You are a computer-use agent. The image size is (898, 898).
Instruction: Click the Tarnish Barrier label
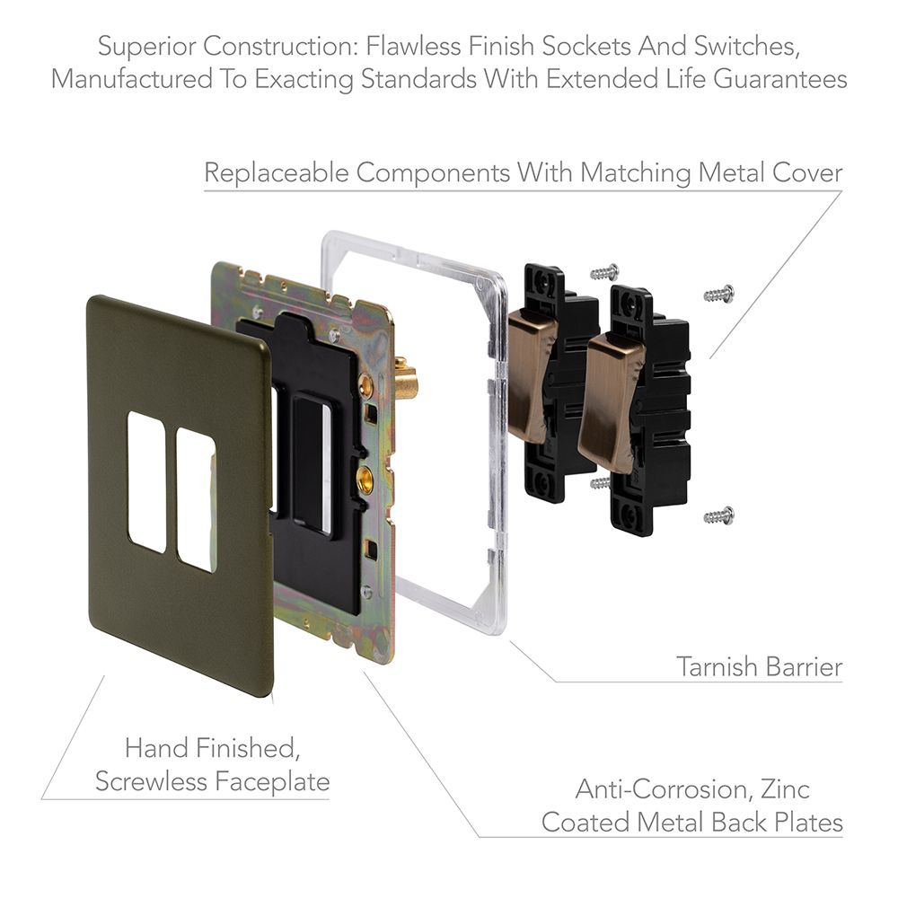tap(759, 666)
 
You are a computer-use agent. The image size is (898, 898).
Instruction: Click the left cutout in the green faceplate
tap(146, 481)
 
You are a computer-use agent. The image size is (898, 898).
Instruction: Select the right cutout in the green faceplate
tap(196, 498)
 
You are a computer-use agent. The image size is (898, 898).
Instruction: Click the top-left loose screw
tap(604, 271)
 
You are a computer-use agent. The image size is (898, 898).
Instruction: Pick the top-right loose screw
tap(719, 294)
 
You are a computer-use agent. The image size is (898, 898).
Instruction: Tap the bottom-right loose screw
tap(718, 515)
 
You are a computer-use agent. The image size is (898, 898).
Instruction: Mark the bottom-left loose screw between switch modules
tap(600, 483)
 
